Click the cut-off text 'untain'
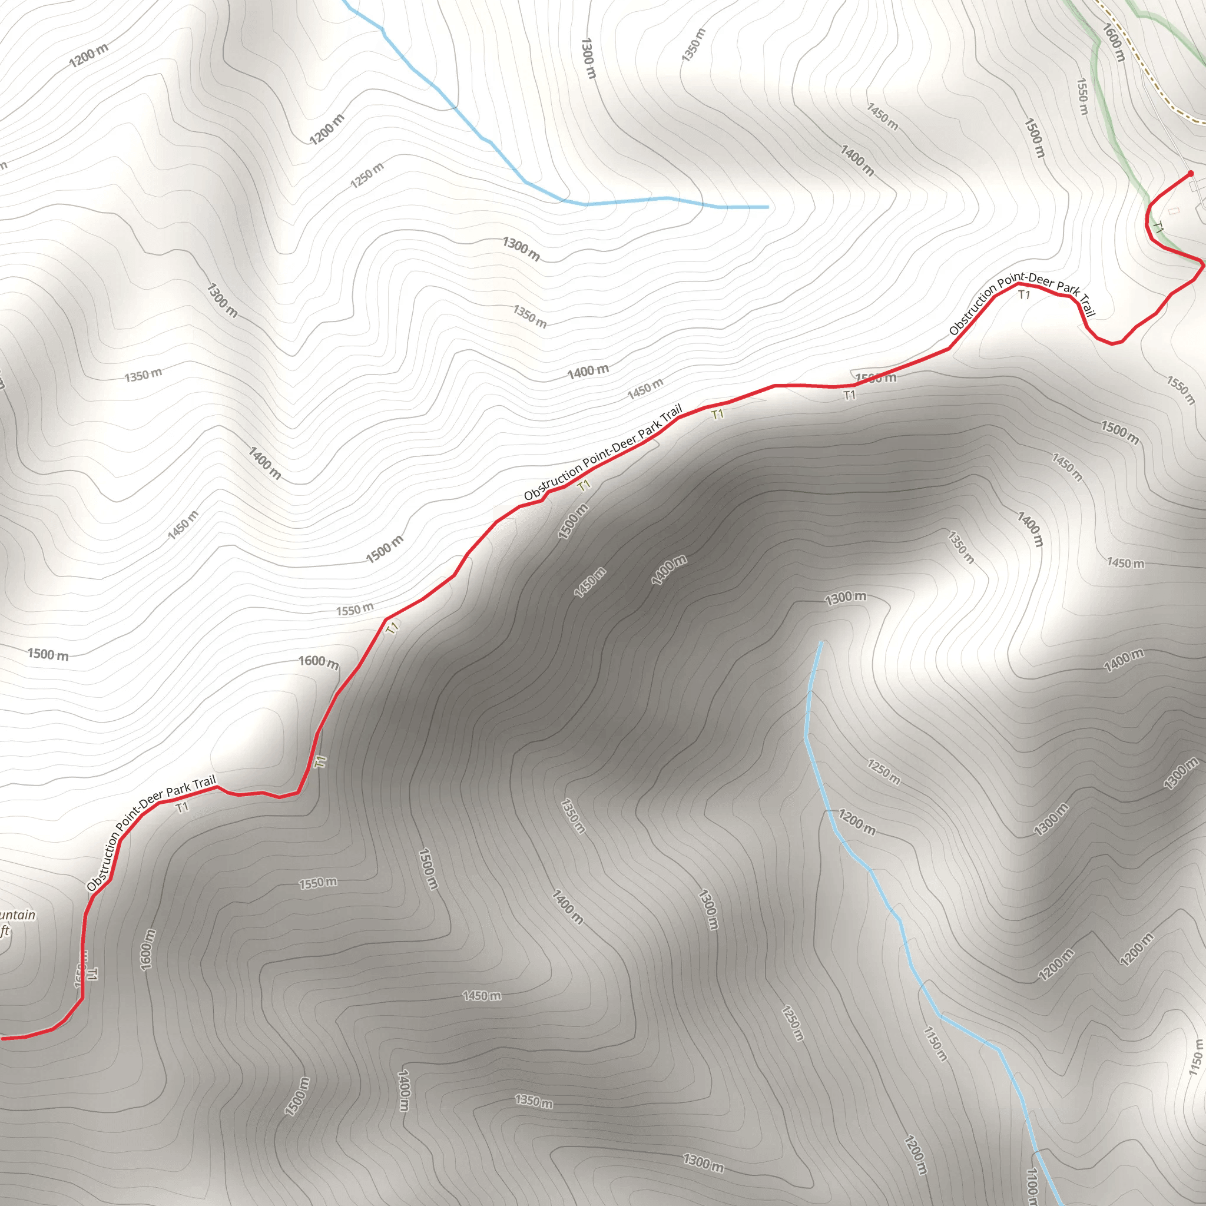pyautogui.click(x=17, y=916)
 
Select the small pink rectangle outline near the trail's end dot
pyautogui.click(x=1174, y=211)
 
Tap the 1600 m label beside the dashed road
pyautogui.click(x=1114, y=42)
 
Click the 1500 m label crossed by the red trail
pyautogui.click(x=875, y=377)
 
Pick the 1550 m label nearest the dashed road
pyautogui.click(x=1082, y=96)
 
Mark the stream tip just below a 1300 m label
pyautogui.click(x=821, y=642)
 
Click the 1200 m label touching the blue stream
pyautogui.click(x=856, y=821)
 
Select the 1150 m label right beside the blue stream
pyautogui.click(x=935, y=1043)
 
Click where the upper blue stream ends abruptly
pyautogui.click(x=767, y=207)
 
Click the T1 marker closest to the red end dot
pyautogui.click(x=1158, y=228)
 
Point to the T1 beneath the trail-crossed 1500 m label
pyautogui.click(x=850, y=395)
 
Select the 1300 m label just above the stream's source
pyautogui.click(x=845, y=597)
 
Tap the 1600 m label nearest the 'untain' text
pyautogui.click(x=147, y=949)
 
